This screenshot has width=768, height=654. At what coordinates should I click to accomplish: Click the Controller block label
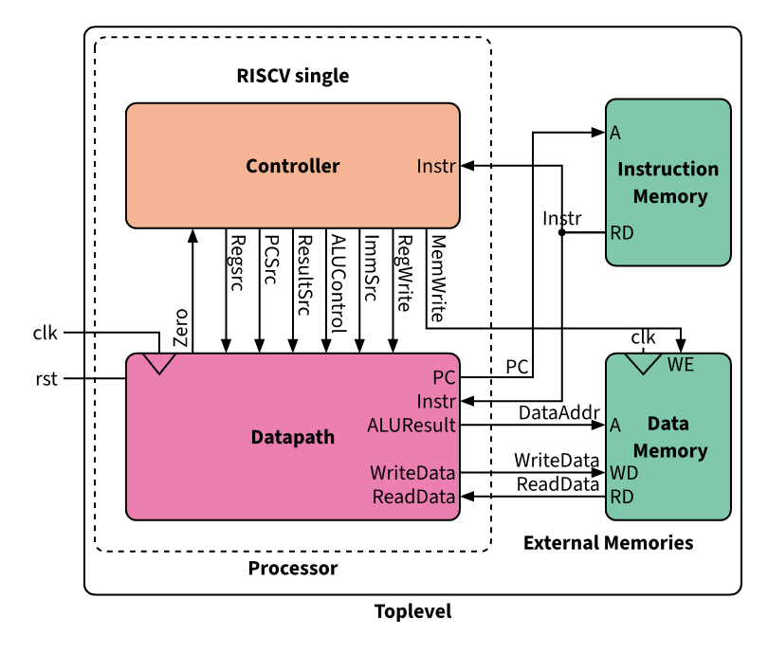pyautogui.click(x=292, y=167)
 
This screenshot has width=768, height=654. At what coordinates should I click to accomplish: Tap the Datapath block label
pyautogui.click(x=293, y=437)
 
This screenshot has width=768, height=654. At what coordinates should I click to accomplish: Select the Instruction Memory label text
pyautogui.click(x=668, y=183)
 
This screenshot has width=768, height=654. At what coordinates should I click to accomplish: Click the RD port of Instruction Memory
pyautogui.click(x=621, y=231)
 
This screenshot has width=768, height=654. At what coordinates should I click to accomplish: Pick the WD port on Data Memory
pyautogui.click(x=623, y=472)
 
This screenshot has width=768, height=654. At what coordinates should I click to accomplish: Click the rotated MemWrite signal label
pyautogui.click(x=438, y=276)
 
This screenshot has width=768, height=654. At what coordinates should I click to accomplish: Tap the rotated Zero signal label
pyautogui.click(x=181, y=328)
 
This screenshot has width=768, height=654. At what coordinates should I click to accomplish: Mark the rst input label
pyautogui.click(x=46, y=379)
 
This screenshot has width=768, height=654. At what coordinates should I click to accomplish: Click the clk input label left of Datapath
pyautogui.click(x=46, y=333)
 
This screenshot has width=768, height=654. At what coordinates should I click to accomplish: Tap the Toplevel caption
pyautogui.click(x=413, y=611)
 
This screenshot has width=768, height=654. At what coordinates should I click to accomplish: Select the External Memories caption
pyautogui.click(x=608, y=543)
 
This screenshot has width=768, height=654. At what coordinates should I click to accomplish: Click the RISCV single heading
pyautogui.click(x=293, y=76)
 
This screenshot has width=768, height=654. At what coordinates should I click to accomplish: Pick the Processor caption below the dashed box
pyautogui.click(x=293, y=569)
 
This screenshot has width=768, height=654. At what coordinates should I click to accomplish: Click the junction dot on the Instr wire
pyautogui.click(x=562, y=232)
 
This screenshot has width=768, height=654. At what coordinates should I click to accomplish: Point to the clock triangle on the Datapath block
pyautogui.click(x=157, y=363)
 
